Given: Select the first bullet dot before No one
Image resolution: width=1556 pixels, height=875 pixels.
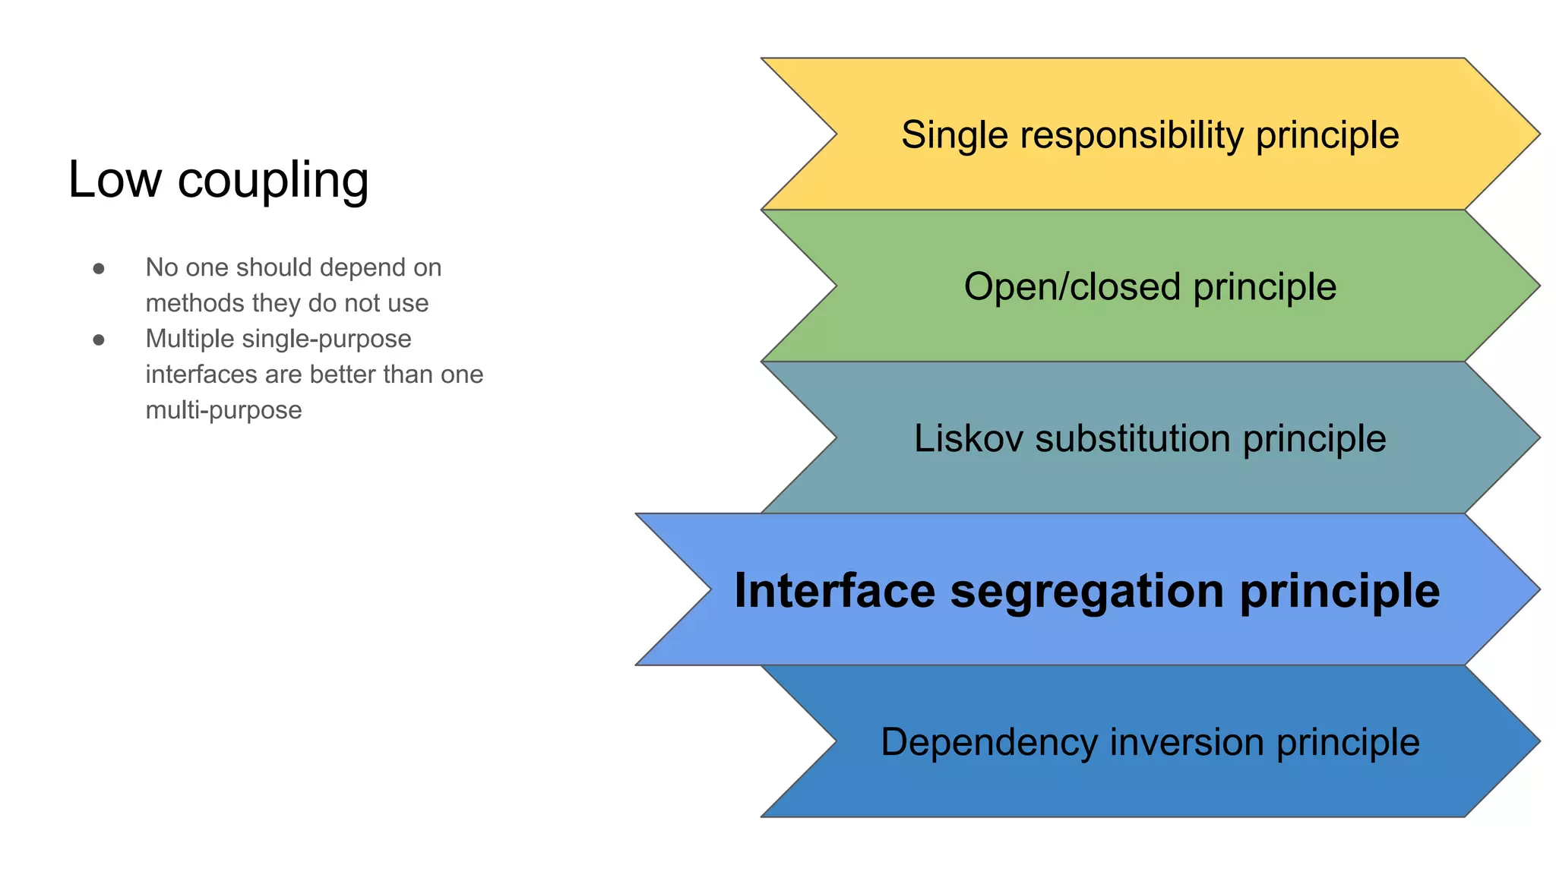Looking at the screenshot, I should click(99, 268).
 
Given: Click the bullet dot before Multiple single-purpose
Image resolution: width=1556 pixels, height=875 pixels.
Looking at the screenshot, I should click(99, 340).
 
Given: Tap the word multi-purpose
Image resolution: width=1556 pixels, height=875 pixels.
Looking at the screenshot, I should click(223, 410).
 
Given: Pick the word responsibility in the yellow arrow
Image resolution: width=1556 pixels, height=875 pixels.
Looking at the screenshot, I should click(1131, 135).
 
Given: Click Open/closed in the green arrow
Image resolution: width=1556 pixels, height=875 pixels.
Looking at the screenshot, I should click(1072, 287).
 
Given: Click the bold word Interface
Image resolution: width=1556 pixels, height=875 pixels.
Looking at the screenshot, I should click(834, 591).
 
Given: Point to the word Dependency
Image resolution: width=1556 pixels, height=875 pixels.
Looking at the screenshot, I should click(988, 743).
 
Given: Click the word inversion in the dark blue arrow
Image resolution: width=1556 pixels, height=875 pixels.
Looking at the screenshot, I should click(1186, 742).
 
